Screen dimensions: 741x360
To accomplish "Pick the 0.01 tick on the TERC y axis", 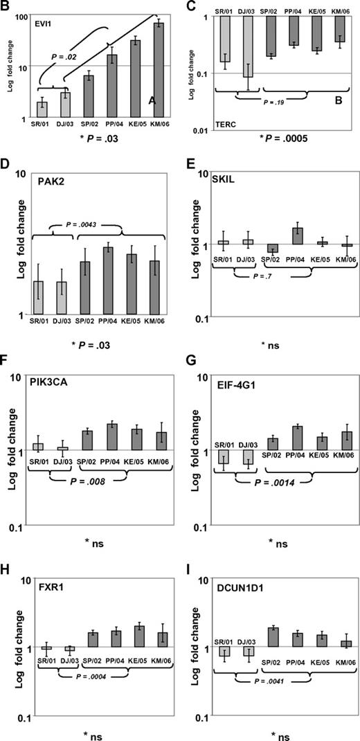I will [199, 130].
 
